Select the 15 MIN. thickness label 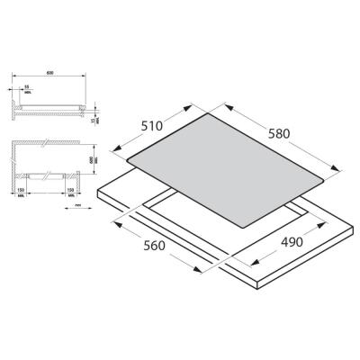click(x=93, y=118)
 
